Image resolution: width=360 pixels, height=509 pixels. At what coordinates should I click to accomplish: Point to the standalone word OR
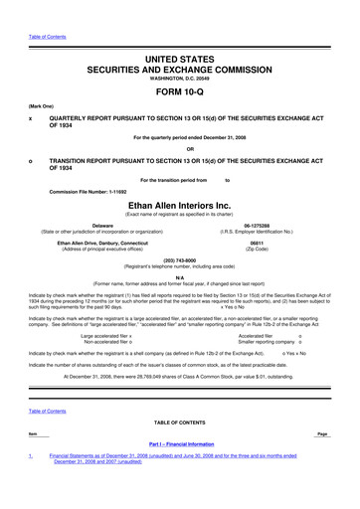pyautogui.click(x=180, y=151)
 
